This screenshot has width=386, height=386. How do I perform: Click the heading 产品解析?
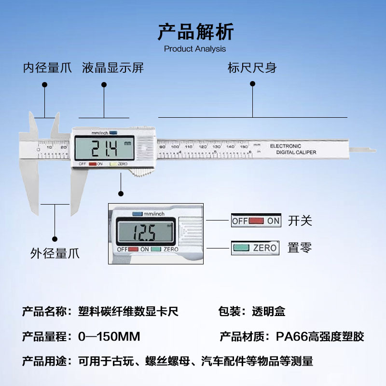195,32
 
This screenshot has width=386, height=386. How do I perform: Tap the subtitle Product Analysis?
195,49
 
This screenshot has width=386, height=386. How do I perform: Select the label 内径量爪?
47,68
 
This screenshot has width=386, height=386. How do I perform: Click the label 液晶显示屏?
113,68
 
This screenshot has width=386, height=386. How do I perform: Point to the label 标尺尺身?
252,68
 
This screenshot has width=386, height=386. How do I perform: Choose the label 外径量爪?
55,253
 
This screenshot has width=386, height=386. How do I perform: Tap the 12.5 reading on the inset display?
145,233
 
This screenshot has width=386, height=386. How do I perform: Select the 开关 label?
300,221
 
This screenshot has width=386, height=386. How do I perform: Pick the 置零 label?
300,248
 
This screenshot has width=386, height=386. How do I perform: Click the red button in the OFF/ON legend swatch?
257,221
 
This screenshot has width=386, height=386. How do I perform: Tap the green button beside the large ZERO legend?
241,248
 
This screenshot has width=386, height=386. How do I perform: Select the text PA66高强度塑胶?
320,336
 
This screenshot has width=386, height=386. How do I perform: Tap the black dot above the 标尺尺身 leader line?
252,84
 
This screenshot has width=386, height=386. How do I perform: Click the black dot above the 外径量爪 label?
55,238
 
